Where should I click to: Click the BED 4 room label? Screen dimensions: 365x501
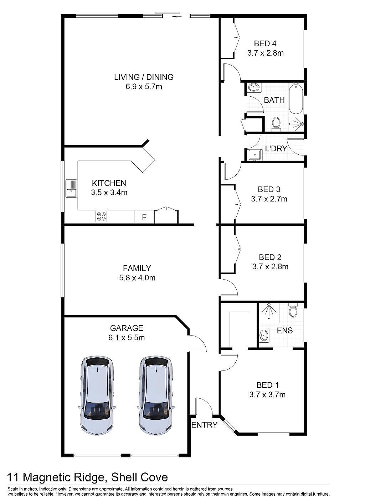(265, 44)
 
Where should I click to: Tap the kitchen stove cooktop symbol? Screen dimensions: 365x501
(101, 216)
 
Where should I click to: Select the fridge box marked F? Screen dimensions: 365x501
(144, 217)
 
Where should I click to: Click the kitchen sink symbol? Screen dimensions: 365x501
(71, 188)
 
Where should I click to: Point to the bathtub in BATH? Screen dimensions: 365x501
(296, 99)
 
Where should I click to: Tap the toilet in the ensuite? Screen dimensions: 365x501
(293, 310)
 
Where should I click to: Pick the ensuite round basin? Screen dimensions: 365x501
(264, 335)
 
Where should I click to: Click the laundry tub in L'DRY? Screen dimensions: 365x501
(255, 155)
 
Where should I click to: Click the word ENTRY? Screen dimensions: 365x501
(204, 425)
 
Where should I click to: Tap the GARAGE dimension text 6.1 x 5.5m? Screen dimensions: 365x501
(127, 337)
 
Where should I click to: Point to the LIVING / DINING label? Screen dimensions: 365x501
(144, 77)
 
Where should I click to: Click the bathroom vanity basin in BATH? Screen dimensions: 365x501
(254, 87)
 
